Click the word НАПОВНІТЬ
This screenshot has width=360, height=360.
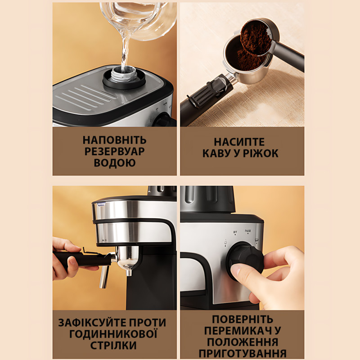coord(115,140)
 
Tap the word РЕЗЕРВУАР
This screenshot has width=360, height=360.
coord(115,151)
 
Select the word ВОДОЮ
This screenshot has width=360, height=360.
coord(115,162)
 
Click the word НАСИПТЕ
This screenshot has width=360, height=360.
coord(239,142)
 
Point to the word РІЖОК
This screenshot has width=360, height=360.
coord(261,153)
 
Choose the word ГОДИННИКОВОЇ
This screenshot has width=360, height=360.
coord(113,334)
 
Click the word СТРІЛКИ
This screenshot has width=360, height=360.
coord(113,345)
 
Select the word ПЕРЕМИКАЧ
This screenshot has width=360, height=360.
coord(234,331)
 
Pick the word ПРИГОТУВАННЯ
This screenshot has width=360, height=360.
coord(243,353)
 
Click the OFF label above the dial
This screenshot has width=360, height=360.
coord(235,232)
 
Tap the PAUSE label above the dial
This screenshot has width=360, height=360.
coord(248,231)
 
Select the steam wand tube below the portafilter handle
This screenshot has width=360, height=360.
coord(104,275)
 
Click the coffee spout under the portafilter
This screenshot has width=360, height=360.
coord(129,273)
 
